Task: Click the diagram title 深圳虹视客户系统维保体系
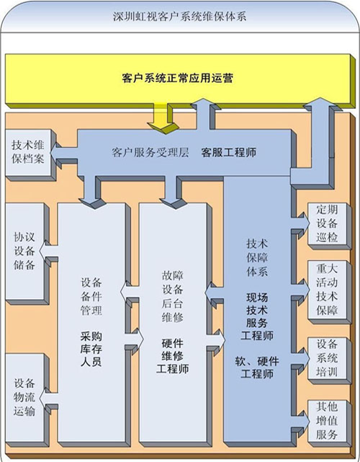(x=179, y=17)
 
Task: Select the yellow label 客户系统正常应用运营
(x=178, y=78)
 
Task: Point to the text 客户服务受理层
(x=150, y=152)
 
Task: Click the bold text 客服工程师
(x=229, y=152)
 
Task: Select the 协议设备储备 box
(x=25, y=252)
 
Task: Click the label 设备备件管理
(x=91, y=296)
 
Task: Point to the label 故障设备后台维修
(x=173, y=296)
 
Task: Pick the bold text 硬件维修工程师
(x=173, y=356)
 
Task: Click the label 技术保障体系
(x=257, y=258)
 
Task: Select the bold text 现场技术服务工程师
(x=257, y=316)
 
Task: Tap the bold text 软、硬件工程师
(x=257, y=368)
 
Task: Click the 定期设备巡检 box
(x=329, y=226)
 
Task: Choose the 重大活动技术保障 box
(x=329, y=292)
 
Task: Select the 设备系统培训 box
(x=329, y=360)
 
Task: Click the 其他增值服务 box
(x=329, y=423)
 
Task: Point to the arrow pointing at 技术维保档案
(x=64, y=154)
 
